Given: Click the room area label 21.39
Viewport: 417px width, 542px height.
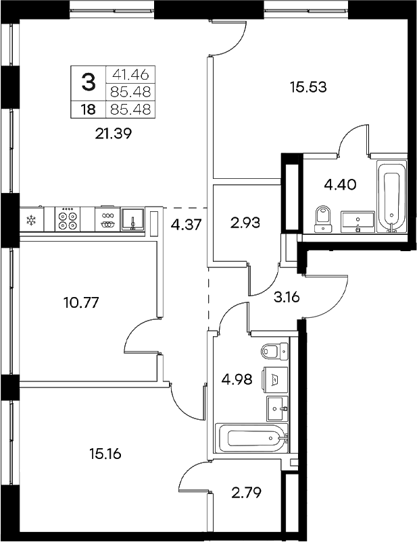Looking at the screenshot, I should (x=112, y=134).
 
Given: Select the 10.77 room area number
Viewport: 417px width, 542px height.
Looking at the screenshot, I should (x=80, y=302).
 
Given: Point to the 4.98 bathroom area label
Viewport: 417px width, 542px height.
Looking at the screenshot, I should (x=237, y=379).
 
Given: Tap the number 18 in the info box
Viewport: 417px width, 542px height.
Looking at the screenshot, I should (x=88, y=108).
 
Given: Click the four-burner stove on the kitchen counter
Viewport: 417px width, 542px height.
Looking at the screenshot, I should (x=68, y=219).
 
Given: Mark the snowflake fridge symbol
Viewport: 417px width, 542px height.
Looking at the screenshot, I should (x=30, y=219).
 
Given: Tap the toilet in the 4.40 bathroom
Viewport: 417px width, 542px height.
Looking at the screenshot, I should (x=322, y=219).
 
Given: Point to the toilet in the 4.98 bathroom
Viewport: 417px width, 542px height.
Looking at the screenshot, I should (x=273, y=352).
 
